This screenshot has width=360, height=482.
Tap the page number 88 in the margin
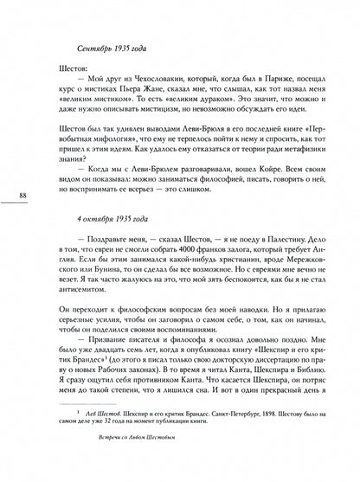[22, 198]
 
